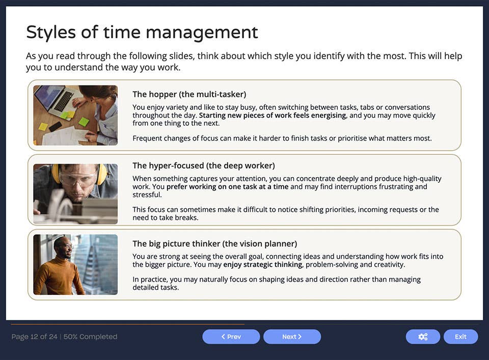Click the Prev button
tap(231, 337)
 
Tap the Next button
tap(292, 337)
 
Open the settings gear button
tap(423, 337)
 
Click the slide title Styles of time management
tap(142, 33)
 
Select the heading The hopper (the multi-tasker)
tap(189, 94)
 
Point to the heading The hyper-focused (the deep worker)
tap(203, 165)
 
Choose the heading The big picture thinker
tap(214, 243)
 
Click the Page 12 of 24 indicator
tap(34, 337)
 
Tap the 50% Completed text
tap(90, 337)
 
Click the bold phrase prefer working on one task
tap(227, 187)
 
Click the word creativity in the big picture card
tap(390, 265)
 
